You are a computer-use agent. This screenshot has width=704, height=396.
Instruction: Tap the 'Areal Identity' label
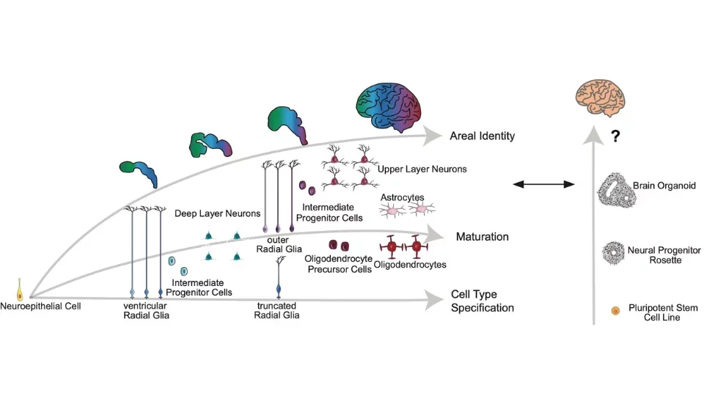tap(482, 136)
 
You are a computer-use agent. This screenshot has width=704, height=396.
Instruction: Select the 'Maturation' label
tap(482, 237)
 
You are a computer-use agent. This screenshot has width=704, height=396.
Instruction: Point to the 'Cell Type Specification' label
tap(482, 301)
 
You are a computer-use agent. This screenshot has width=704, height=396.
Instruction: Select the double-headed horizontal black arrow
tap(543, 184)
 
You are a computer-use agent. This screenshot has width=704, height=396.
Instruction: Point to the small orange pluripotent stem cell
tap(615, 312)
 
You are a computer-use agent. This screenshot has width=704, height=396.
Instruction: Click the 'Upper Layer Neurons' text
tap(422, 169)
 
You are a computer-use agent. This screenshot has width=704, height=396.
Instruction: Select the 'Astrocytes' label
tap(403, 197)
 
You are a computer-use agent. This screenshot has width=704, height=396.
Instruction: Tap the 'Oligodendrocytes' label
tap(411, 264)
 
